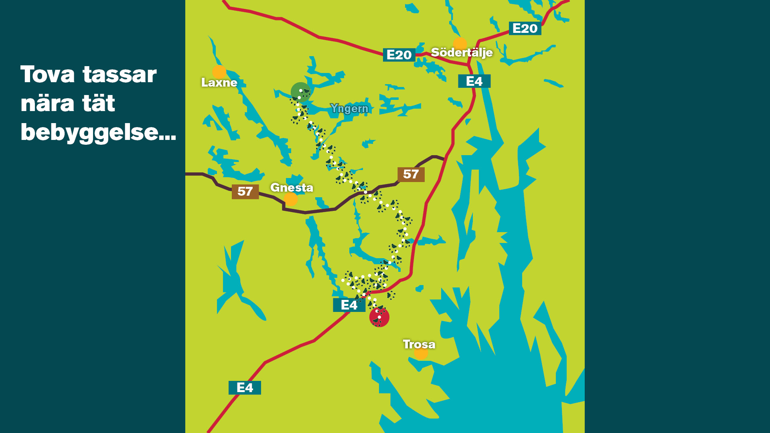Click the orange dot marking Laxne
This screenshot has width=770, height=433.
coord(219,72)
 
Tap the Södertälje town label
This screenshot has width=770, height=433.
coord(462,53)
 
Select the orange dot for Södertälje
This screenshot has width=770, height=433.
coord(460,44)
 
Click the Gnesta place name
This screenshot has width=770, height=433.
coord(292,188)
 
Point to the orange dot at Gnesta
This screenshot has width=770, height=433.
coord(290,199)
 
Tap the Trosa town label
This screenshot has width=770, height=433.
coord(419,344)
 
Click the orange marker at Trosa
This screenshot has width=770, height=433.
coord(421,354)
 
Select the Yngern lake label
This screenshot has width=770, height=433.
coord(349,109)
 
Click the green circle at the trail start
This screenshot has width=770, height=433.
coord(300,92)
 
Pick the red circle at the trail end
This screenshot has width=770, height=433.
coord(379,317)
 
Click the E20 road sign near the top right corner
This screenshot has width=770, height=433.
coord(525,28)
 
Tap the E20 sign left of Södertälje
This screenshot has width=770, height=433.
coord(399,55)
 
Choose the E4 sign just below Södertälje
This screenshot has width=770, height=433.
coord(474,81)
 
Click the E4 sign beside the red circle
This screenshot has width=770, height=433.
coord(349,305)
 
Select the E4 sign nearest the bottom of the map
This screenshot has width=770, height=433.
coord(245,388)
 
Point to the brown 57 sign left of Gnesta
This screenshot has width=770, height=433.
coord(245,192)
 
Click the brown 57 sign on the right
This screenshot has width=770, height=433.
coord(411,174)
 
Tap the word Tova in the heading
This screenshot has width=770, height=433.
coord(48,75)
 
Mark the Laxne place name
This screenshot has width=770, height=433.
coord(219,83)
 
